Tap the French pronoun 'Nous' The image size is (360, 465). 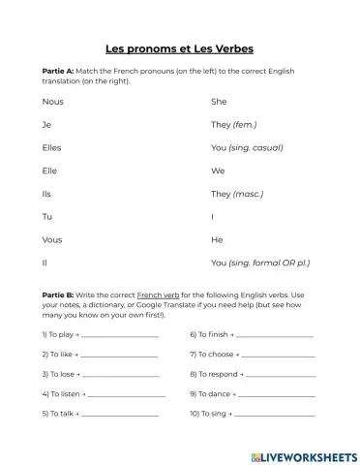click(53, 101)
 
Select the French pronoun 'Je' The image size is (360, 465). click(46, 124)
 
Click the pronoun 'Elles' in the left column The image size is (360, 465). click(53, 147)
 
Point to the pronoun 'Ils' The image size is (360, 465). click(47, 194)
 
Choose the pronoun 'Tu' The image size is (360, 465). click(47, 217)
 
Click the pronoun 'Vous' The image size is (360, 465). click(52, 239)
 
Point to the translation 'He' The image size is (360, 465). click(217, 239)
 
